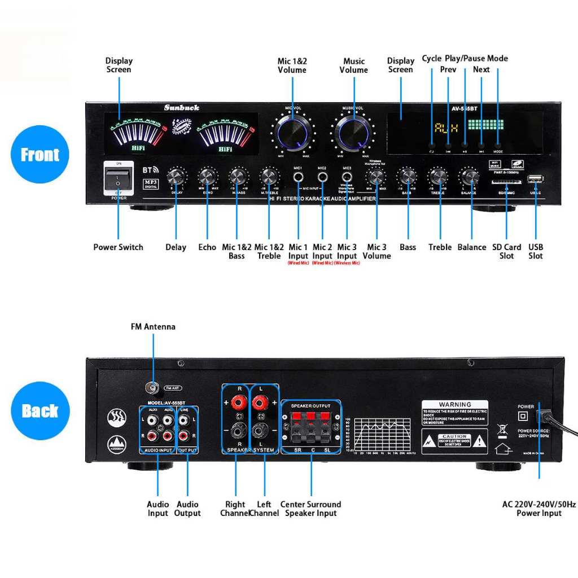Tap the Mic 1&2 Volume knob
pos(292,133)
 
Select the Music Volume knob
pos(353,133)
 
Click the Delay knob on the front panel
pos(177,177)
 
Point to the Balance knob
pos(468,177)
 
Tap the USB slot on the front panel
pos(535,179)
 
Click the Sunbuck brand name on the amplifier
pos(181,107)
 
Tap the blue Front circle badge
pos(40,154)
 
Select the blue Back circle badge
pos(40,410)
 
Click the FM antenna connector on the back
pos(152,388)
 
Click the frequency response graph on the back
pos(384,434)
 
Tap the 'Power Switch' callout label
pos(118,247)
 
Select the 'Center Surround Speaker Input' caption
pos(310,509)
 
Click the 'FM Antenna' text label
pos(153,327)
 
